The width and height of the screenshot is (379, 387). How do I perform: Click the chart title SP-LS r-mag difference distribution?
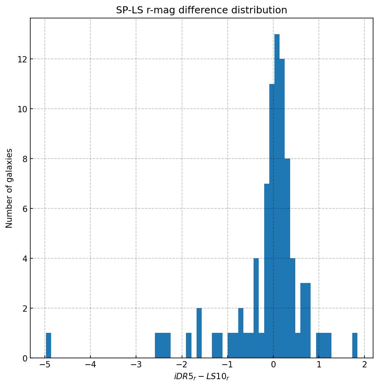coord(201,10)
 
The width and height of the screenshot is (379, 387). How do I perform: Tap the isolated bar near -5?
coord(48,345)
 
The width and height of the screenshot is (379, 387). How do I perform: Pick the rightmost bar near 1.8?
coord(355,345)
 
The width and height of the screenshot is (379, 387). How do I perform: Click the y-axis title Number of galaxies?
coord(9,188)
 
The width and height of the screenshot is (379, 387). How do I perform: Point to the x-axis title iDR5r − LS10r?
coord(201,377)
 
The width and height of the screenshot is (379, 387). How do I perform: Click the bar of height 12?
coord(282,208)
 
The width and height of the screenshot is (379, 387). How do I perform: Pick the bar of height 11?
coord(272,220)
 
